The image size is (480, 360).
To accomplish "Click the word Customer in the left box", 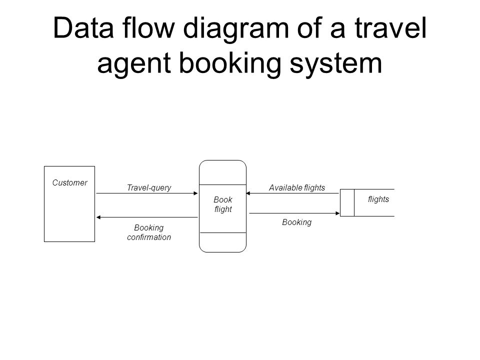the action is coord(70,183).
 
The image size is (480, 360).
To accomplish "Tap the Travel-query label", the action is coord(149,187).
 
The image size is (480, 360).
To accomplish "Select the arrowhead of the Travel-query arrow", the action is coord(196,193).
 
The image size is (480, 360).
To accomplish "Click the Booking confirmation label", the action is coord(149,232).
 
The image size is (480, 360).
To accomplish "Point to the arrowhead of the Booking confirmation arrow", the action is coord(98,217).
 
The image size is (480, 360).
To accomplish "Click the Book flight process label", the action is coord(223,204).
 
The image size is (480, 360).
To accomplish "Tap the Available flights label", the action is coord(297,187).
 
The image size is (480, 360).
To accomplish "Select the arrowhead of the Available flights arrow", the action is coord(248,193).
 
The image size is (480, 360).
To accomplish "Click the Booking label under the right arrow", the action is coord(297,222).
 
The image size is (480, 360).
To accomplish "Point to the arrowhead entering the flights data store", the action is coord(338,213).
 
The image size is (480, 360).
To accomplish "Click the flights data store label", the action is coord(378,199).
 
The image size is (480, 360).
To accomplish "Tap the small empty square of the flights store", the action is coord(347,202).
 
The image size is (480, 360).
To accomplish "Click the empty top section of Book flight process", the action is coord(222,172).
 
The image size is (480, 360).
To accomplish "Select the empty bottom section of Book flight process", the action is coord(222,242).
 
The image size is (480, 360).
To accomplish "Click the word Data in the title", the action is coord(83,28).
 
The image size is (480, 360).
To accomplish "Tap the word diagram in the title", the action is coord(236,29).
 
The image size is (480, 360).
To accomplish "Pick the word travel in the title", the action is coord(390,28).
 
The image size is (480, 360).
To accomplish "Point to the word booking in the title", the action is coord(230,63).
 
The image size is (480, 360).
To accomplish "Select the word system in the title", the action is coord(336,64).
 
